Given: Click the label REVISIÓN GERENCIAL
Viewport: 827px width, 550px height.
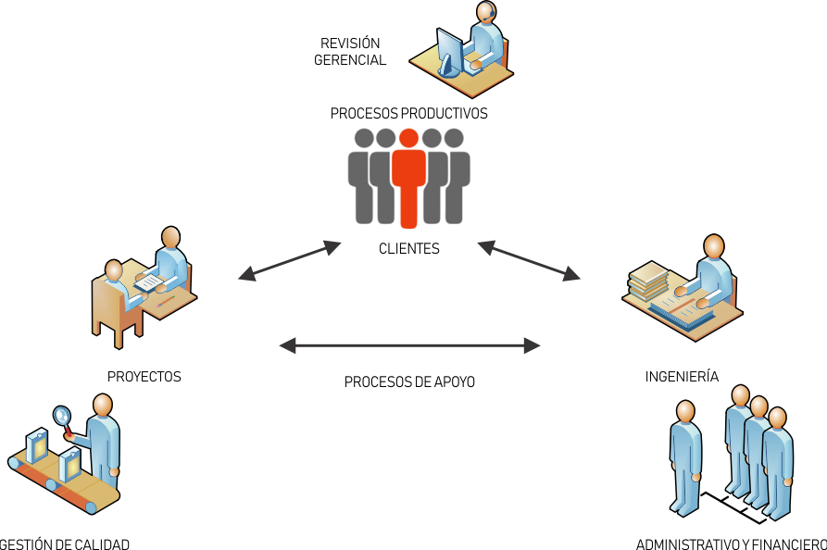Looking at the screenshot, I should (350, 52).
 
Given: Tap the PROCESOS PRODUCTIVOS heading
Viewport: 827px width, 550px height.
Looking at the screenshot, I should (408, 113).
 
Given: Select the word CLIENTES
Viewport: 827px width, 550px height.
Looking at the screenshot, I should (408, 249).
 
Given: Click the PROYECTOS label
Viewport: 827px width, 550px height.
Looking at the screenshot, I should (144, 377).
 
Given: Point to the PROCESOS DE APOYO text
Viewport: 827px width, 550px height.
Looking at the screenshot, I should (409, 381).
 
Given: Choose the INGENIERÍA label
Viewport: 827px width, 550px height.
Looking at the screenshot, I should (682, 377).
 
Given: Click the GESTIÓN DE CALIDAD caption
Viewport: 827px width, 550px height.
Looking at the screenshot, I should (65, 544).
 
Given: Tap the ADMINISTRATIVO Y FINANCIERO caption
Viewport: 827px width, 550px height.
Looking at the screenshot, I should (731, 544).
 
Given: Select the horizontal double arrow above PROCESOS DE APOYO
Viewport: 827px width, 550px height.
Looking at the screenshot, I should (408, 346).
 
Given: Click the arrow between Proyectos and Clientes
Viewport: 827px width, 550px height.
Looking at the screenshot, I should (290, 260).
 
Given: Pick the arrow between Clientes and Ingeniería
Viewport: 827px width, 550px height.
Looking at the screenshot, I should (529, 260).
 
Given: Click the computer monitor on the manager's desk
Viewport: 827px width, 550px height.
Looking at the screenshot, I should (451, 48).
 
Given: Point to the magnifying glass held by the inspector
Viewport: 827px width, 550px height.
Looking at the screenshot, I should (63, 416).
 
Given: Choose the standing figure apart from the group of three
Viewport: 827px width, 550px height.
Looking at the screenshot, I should (685, 454).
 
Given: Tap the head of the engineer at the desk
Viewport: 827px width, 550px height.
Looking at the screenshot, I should (714, 247).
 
